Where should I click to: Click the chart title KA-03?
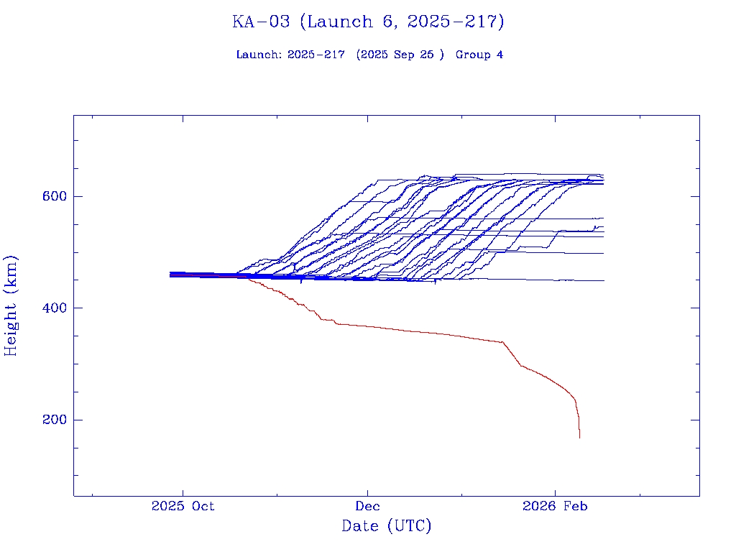(261, 22)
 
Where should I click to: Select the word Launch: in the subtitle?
(259, 55)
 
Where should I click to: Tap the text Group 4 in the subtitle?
(479, 55)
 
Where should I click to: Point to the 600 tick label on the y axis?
(54, 196)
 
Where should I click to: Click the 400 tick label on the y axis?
(54, 308)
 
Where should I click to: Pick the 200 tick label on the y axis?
(54, 420)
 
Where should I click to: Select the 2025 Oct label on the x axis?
(183, 506)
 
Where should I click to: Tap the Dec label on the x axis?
(368, 506)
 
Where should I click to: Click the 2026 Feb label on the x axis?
(555, 506)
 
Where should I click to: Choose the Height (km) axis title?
(11, 305)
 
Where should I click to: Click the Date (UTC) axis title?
(387, 526)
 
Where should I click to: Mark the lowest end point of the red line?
(579, 437)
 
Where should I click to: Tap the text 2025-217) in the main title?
(456, 22)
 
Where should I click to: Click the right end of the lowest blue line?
(603, 280)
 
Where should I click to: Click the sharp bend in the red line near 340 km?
(502, 342)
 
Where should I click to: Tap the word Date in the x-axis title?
(360, 526)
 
